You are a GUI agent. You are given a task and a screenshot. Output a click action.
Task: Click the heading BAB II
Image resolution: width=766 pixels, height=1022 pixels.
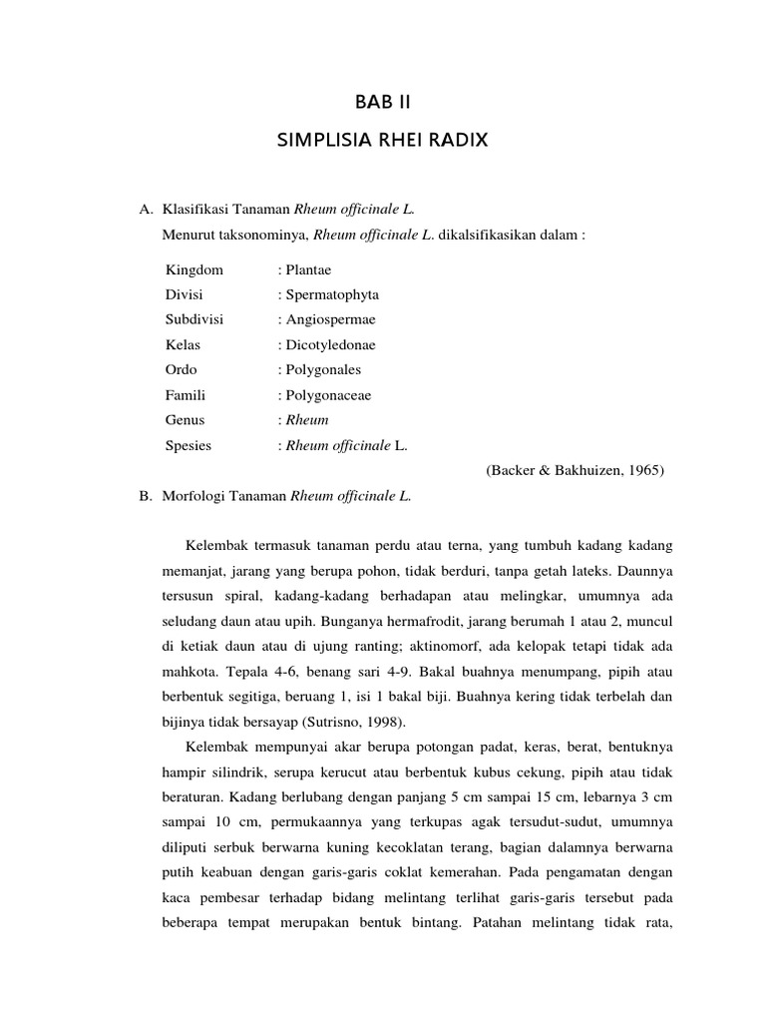coord(383,102)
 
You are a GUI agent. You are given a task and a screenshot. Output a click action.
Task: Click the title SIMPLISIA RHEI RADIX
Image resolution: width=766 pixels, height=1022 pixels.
coord(382,141)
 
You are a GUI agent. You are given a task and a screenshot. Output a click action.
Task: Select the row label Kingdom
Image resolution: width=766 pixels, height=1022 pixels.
coord(194,270)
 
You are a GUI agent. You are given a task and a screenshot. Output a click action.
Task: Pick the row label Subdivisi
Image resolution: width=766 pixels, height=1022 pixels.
coord(194,320)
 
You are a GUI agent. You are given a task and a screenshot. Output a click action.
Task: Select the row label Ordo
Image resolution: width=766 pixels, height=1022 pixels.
coord(183,370)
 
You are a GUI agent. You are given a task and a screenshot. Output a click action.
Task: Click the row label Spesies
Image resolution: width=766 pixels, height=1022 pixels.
coord(189,446)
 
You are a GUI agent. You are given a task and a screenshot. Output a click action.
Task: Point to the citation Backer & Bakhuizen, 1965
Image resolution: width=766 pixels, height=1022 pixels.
coord(575,471)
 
